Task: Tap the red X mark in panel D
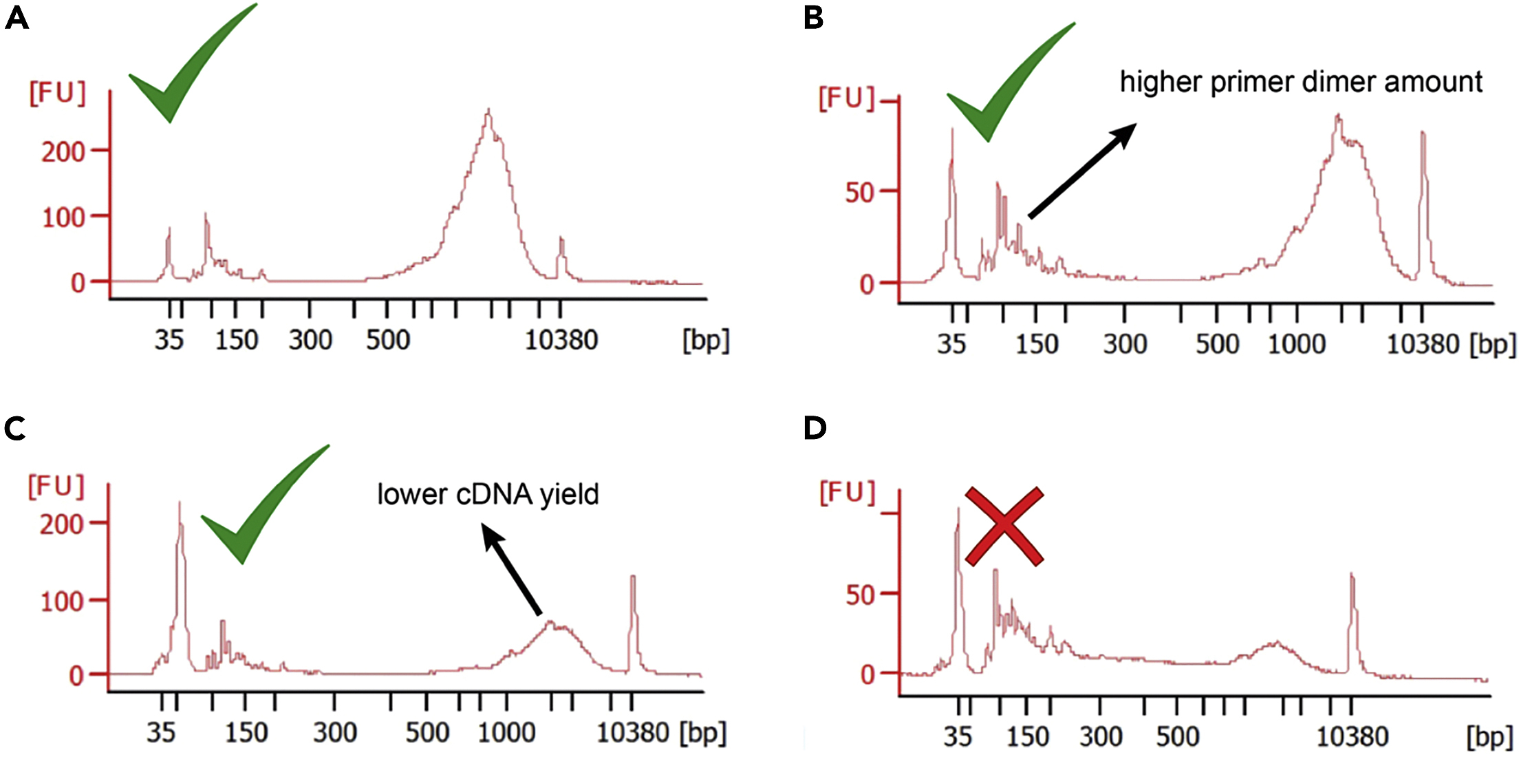coord(1004,526)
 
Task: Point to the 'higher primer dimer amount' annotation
coord(1300,82)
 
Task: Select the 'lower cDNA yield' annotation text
coord(488,494)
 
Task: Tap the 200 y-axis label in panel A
coord(63,151)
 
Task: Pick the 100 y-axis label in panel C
coord(61,602)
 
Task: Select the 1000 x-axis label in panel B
coord(1296,344)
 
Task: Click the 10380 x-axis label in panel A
coord(561,340)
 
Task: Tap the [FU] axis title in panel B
coord(846,98)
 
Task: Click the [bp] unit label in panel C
coord(702,733)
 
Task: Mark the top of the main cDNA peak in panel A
coord(488,110)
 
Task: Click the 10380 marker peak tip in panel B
coord(1423,133)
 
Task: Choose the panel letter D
coord(815,429)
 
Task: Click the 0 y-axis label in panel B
coord(866,284)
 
